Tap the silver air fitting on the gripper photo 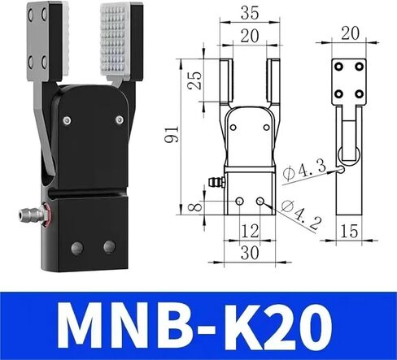click(32, 214)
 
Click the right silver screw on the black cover click(119, 120)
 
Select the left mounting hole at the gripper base click(77, 246)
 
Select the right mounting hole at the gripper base click(108, 246)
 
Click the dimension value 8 click(193, 207)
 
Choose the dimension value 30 click(248, 253)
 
